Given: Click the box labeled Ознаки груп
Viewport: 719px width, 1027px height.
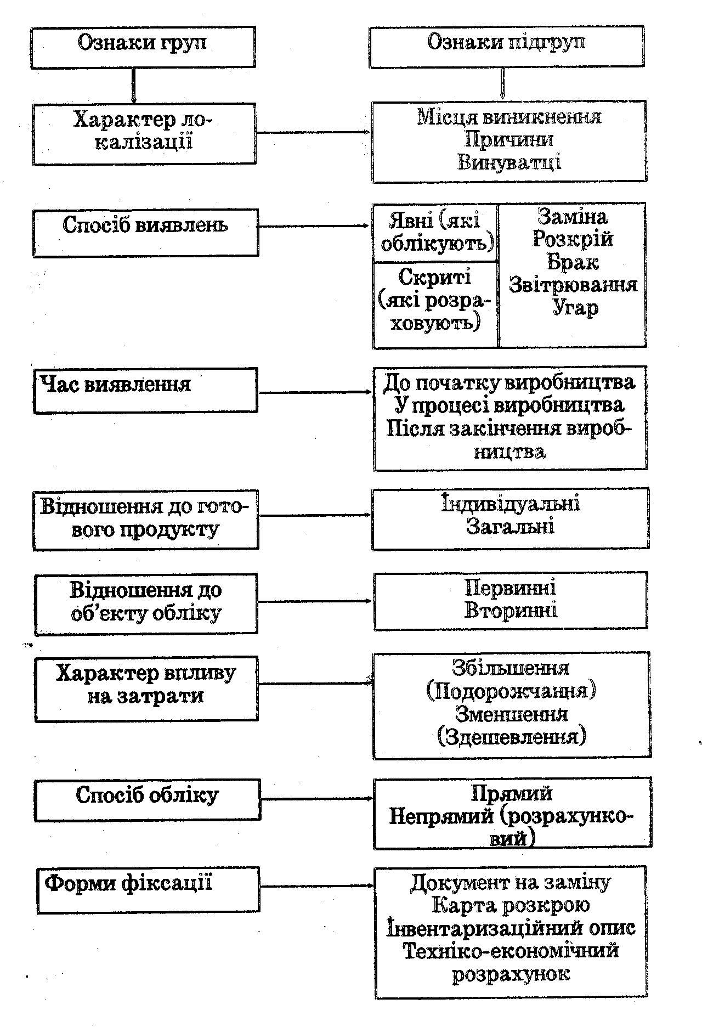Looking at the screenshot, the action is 143,47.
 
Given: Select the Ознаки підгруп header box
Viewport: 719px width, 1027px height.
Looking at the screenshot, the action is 507,47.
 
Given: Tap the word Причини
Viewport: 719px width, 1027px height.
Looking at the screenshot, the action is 509,139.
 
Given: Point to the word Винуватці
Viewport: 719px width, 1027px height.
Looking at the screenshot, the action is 509,162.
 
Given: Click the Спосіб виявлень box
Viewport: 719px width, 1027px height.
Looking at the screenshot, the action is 145,233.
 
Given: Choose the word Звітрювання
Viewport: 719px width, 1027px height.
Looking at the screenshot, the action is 573,285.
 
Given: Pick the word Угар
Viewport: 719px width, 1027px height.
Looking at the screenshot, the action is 575,308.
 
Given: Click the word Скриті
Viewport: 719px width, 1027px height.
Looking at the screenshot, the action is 434,277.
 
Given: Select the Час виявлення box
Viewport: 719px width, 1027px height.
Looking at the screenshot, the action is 145,390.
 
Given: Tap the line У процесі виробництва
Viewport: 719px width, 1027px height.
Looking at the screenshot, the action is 509,405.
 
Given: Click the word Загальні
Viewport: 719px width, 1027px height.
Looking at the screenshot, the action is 511,527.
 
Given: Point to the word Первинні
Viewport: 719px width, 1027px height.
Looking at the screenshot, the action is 511,588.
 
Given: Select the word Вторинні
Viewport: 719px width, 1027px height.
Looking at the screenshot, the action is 511,611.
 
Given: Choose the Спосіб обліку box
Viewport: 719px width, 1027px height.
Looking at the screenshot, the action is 148,800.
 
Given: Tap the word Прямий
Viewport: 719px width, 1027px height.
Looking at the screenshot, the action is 512,794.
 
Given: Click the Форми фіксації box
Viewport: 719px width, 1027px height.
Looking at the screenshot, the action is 148,890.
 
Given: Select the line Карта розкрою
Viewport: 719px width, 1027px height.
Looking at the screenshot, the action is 511,905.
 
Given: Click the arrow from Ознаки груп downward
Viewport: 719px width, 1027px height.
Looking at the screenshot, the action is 133,86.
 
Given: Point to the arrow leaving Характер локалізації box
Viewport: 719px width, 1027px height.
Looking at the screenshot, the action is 314,132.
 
